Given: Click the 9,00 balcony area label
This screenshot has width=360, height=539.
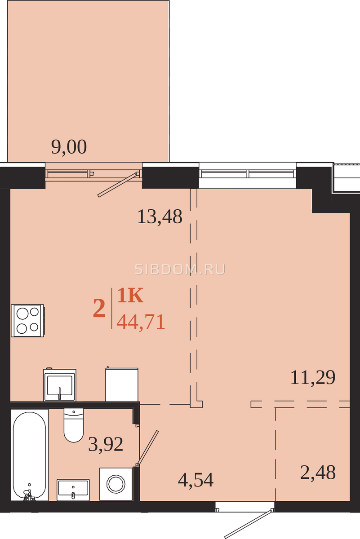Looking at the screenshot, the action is coord(69,147).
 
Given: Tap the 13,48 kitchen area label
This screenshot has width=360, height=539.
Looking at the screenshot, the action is coord(160,217).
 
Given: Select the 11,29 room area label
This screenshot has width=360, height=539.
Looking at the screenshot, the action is coord(313,377).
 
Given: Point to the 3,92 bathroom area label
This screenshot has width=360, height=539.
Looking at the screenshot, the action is coord(106,444).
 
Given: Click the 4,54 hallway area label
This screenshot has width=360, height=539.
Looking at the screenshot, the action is coord(196,480).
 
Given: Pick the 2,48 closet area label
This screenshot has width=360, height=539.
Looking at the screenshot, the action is coord(318,473).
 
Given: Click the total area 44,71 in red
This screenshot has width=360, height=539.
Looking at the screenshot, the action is coord(141,322).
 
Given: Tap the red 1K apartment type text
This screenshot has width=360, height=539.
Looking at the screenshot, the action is coord(130,296).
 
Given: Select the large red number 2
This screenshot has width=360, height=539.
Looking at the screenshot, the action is coord(99,309).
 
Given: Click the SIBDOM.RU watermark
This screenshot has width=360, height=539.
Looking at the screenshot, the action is coord(180,269).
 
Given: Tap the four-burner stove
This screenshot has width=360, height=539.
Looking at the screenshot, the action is coord(27,321).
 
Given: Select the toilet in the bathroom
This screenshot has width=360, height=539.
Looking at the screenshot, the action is coord(74,425).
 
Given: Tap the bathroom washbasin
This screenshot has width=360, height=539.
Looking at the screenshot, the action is coord(73,490).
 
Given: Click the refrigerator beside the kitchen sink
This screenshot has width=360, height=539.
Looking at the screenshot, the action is coord(122,384).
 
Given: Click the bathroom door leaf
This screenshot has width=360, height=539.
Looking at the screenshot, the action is coord(147,447).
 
